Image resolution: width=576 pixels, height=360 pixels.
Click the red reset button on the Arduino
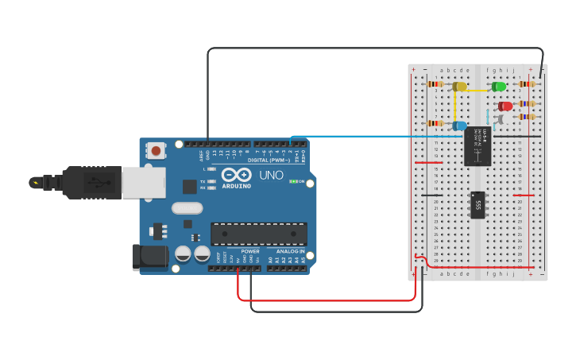coord(157,150)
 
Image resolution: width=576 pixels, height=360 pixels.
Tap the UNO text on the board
coord(271,176)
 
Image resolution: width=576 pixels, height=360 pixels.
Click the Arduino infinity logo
coord(236,176)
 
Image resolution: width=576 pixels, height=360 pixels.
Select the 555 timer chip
coord(477,205)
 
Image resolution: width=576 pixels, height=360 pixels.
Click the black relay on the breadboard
coord(477,145)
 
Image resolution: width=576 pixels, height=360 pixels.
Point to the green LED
coord(499,86)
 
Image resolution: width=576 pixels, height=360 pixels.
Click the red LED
coord(505,106)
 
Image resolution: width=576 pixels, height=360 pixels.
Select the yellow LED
coord(458,86)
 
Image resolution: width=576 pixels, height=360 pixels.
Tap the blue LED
coord(459,126)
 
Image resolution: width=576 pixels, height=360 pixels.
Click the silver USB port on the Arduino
coord(143,183)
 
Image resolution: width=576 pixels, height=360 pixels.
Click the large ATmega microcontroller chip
coord(258,234)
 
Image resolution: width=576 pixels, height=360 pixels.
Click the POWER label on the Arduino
coord(249,251)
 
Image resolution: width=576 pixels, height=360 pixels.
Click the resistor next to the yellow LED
coord(435,83)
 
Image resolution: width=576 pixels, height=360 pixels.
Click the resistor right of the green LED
coord(526,83)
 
